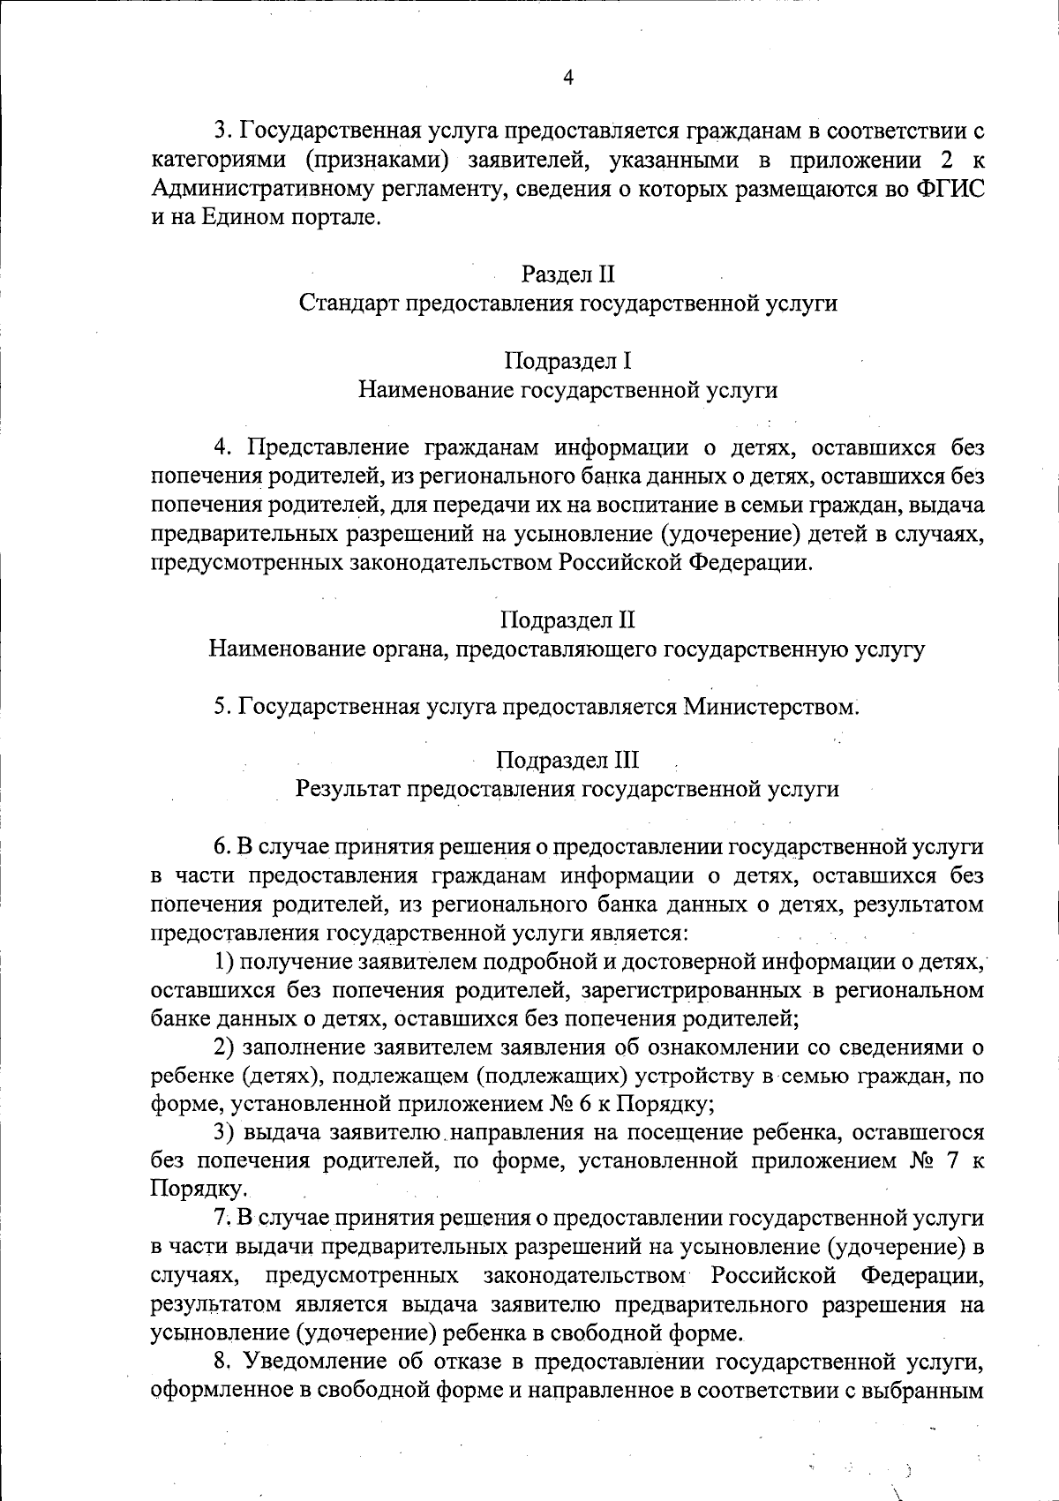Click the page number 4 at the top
pyautogui.click(x=567, y=78)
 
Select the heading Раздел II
pyautogui.click(x=567, y=274)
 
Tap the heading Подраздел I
pyautogui.click(x=567, y=361)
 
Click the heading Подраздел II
pyautogui.click(x=567, y=620)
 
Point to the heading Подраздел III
pyautogui.click(x=567, y=760)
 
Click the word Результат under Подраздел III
pyautogui.click(x=348, y=788)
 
